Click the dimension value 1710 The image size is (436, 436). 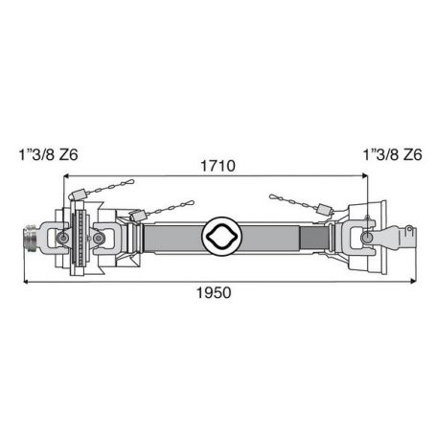(218, 166)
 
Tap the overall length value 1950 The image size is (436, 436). (214, 292)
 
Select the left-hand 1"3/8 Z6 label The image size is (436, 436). (48, 155)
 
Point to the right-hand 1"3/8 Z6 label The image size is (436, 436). (393, 155)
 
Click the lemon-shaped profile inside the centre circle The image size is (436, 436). (222, 236)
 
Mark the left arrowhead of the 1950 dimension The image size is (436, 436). (27, 282)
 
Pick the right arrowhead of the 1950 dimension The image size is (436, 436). (413, 281)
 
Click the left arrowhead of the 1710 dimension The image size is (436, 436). (67, 175)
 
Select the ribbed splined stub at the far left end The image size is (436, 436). (31, 239)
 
